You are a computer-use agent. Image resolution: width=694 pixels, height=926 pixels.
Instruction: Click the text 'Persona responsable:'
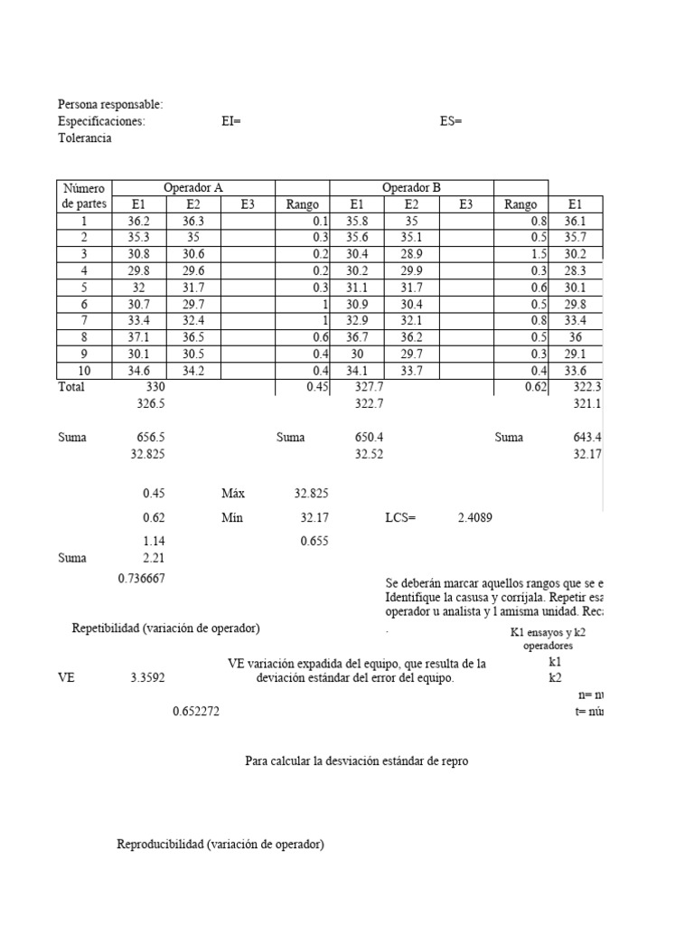point(110,106)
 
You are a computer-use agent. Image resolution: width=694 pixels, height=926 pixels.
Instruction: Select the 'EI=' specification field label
point(231,122)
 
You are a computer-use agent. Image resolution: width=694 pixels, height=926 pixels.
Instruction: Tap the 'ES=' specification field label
point(451,122)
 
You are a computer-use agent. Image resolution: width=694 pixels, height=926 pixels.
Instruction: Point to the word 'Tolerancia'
point(85,138)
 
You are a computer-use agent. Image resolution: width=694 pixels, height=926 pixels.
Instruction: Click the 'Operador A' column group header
point(192,188)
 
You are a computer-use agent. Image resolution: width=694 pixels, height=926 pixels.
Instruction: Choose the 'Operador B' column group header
point(412,188)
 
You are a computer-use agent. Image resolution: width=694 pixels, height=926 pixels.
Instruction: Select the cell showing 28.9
point(411,254)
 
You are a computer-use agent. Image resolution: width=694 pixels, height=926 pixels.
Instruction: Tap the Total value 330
point(155,387)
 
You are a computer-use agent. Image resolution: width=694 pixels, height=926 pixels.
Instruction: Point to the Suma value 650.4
point(369,438)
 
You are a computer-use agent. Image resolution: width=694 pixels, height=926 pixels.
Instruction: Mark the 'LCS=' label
point(400,519)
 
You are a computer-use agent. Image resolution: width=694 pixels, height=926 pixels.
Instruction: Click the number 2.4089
point(474,519)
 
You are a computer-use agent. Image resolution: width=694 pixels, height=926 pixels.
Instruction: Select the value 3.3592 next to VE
point(146,676)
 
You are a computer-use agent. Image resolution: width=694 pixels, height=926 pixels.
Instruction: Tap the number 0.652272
point(196,712)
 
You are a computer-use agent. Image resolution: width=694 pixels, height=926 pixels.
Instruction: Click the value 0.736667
point(141,579)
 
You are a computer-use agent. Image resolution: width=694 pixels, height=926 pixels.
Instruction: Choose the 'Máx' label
point(233,495)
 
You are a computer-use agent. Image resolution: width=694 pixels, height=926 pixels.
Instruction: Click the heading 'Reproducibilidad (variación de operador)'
point(220,845)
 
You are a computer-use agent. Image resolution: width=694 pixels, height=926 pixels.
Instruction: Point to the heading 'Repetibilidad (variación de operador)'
point(172,628)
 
